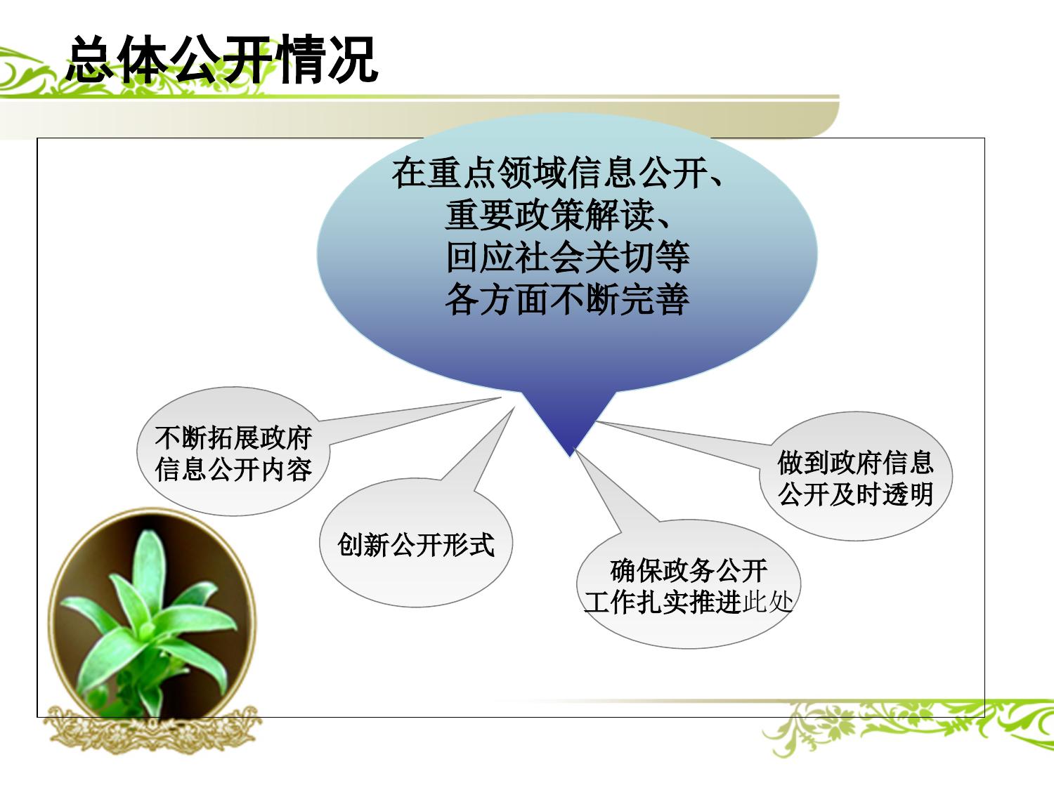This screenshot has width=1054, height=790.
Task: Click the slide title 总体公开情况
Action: point(222,60)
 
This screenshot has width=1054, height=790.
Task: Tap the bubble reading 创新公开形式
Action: point(415,544)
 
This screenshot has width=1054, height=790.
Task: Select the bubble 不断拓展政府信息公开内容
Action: point(233,453)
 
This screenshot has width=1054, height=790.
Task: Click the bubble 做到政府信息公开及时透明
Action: point(855,478)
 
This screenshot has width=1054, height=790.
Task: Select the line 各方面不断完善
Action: point(566,300)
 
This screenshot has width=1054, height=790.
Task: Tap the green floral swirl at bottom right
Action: point(913,727)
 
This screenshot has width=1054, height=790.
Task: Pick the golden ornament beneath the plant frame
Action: point(151,730)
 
